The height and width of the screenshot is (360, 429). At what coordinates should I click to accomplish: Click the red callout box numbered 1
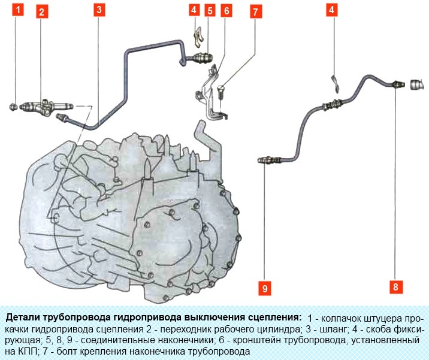click(18, 10)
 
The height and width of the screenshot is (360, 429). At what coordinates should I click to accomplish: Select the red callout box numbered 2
click(41, 12)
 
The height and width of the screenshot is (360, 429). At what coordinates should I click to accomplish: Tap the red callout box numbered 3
click(99, 10)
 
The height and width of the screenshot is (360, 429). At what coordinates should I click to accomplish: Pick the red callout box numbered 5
click(210, 11)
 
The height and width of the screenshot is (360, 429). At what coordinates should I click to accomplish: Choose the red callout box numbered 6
click(226, 11)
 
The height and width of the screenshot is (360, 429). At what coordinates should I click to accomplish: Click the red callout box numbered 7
click(255, 12)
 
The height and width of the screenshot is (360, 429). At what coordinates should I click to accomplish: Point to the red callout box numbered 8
click(395, 287)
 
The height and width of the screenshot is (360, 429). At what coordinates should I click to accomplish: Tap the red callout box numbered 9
click(265, 288)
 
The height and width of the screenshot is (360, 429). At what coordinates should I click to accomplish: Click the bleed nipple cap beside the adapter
click(13, 107)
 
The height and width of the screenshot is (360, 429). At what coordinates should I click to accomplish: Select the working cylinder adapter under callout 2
click(46, 108)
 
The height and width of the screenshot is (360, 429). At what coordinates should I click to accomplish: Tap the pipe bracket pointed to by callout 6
click(212, 93)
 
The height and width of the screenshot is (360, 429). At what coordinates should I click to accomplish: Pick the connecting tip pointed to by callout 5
click(202, 58)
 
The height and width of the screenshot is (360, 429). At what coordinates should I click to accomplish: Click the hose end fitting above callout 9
click(269, 160)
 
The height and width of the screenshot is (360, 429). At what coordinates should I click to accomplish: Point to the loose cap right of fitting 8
click(417, 84)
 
